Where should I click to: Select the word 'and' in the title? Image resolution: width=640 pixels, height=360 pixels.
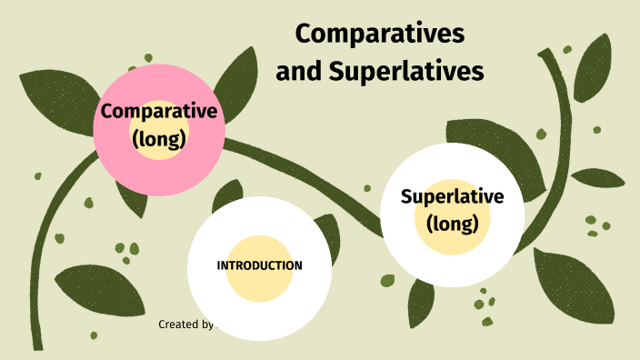tap(296, 70)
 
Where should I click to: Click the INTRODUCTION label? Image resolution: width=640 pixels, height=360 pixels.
tap(259, 265)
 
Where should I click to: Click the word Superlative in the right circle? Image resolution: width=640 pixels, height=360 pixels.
tap(452, 196)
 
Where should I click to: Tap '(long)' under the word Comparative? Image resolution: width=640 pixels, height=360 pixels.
tap(159, 139)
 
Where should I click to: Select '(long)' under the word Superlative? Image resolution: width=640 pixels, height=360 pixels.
tap(452, 223)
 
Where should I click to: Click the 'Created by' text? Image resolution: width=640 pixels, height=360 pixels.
tap(185, 325)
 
